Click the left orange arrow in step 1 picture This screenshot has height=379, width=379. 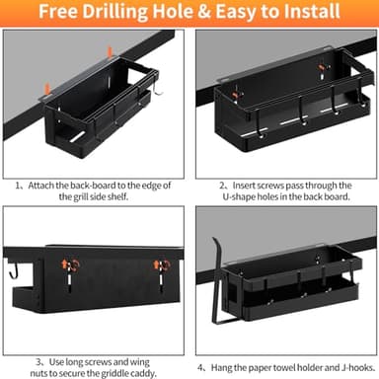pyautogui.click(x=43, y=91)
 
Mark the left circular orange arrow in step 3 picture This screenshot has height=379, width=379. pyautogui.click(x=68, y=265)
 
